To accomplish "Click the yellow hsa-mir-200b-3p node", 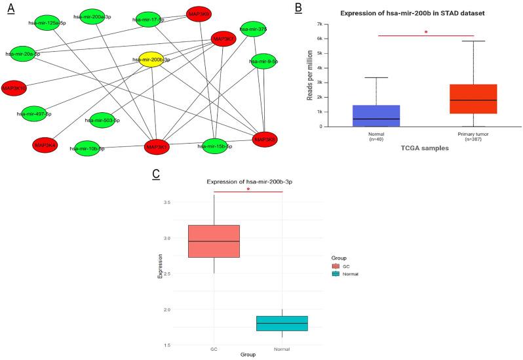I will (x=152, y=60).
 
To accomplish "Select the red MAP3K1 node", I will (x=157, y=147).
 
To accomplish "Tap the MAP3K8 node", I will (x=265, y=139).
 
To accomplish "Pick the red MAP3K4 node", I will (x=45, y=145).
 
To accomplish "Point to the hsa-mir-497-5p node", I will (x=33, y=113).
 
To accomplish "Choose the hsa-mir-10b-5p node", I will (x=88, y=148).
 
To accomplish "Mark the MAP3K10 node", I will (x=14, y=88).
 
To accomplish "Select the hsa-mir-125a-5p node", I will (x=47, y=22).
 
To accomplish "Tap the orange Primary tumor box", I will (x=473, y=98).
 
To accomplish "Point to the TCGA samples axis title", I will (x=424, y=149).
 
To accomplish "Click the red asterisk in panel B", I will (x=425, y=32).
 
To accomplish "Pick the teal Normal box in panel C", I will (x=281, y=323).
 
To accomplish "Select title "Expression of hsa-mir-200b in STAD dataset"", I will (x=424, y=14).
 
